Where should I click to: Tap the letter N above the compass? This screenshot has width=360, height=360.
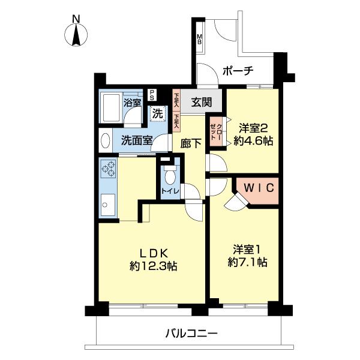[x=76, y=19]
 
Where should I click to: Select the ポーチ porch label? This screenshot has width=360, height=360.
[x=238, y=71]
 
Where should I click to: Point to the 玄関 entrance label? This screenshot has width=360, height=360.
[x=201, y=102]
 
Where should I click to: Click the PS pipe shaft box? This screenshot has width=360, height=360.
[x=152, y=95]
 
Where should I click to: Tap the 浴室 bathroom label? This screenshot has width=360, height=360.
[x=133, y=103]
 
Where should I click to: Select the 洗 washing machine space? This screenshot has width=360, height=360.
[x=157, y=112]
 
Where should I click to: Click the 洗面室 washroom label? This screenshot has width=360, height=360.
[x=136, y=142]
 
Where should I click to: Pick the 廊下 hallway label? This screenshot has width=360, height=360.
[x=191, y=143]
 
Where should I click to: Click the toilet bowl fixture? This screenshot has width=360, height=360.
[x=169, y=175]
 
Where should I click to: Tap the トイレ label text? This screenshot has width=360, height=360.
[x=169, y=191]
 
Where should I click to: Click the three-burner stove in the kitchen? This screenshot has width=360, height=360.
[x=109, y=170]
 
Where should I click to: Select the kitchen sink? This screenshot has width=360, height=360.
[x=109, y=206]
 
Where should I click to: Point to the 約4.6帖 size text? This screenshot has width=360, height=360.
[x=255, y=142]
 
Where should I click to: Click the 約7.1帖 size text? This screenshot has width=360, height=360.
[x=247, y=262]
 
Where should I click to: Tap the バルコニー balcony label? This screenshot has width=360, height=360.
[x=191, y=333]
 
